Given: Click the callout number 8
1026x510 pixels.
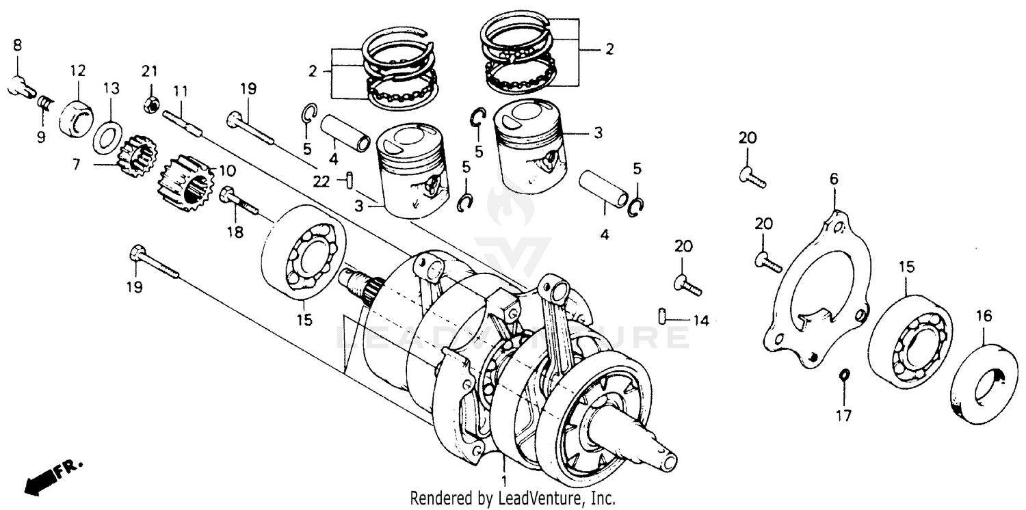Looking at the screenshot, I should click(x=17, y=46).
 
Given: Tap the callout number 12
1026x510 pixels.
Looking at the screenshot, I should click(x=77, y=70).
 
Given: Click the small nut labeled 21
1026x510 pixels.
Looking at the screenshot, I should click(x=149, y=105).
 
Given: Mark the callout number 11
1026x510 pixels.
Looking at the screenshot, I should click(x=181, y=91).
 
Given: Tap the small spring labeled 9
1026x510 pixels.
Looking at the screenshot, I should click(x=44, y=103).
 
